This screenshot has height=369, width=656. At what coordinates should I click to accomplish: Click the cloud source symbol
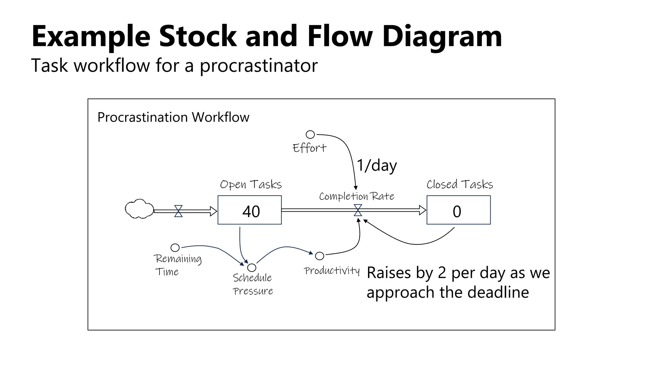click(139, 209)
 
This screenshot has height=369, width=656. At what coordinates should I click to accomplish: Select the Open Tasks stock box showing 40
click(250, 210)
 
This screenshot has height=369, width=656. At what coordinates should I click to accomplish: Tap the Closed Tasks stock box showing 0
click(458, 210)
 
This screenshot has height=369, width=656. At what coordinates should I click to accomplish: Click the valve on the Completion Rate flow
click(358, 210)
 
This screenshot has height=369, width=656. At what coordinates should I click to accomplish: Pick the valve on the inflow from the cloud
click(178, 211)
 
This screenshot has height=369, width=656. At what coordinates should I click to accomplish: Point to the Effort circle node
click(310, 135)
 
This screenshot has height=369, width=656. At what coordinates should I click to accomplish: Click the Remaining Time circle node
click(175, 248)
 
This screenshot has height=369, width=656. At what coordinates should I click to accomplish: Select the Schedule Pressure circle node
click(252, 267)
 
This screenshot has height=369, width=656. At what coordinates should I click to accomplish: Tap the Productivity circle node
click(319, 256)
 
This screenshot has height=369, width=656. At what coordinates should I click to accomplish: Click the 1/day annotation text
click(377, 166)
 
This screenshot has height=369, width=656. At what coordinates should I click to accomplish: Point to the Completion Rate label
click(356, 196)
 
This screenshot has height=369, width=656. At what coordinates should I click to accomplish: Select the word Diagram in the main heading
click(442, 36)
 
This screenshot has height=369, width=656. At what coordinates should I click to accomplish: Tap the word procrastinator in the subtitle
click(258, 66)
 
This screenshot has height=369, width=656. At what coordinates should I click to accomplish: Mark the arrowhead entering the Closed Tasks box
click(423, 210)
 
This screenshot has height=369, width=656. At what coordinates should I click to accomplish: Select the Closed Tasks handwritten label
click(459, 184)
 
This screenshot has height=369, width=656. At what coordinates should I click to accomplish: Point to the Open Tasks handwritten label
click(250, 184)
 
